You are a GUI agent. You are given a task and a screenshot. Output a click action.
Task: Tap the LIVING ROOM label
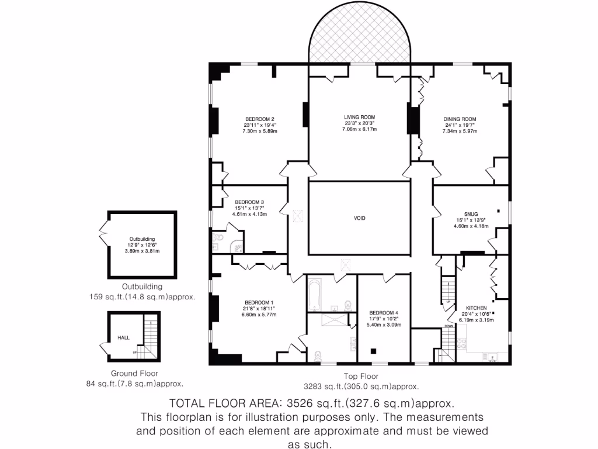click(359, 117)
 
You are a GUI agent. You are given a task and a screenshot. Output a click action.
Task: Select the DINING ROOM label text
click(460, 119)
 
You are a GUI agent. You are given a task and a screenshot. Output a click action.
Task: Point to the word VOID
click(360, 218)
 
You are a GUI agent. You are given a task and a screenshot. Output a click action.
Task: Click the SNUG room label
click(471, 213)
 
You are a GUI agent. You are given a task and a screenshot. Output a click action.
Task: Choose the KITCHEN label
click(476, 308)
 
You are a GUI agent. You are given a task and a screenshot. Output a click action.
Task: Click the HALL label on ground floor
click(124, 337)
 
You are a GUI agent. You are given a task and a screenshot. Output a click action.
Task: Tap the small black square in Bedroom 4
click(374, 351)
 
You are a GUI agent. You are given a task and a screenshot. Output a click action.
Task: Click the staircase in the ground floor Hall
click(150, 337)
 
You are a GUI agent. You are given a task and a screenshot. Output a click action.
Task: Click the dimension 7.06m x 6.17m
click(359, 129)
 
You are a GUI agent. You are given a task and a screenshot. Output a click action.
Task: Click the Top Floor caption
click(361, 377)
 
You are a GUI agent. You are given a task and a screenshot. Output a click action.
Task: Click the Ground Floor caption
click(134, 374)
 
